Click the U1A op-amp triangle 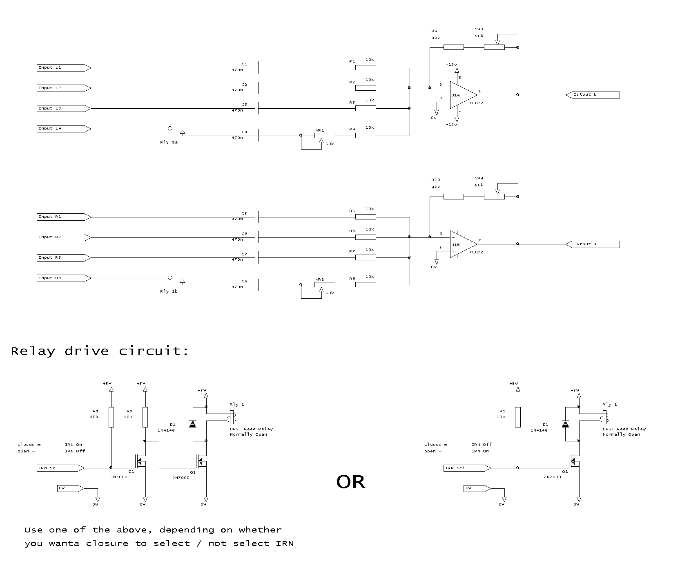pyautogui.click(x=463, y=95)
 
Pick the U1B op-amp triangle pyautogui.click(x=463, y=244)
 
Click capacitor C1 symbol pyautogui.click(x=257, y=67)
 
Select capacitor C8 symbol pyautogui.click(x=257, y=284)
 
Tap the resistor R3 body pyautogui.click(x=366, y=108)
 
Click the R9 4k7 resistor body pyautogui.click(x=453, y=47)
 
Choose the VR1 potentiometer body pyautogui.click(x=325, y=135)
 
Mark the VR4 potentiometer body pyautogui.click(x=494, y=197)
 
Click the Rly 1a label pyautogui.click(x=169, y=142)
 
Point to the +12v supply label pyautogui.click(x=451, y=65)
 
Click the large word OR pyautogui.click(x=351, y=482)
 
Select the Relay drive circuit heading pyautogui.click(x=100, y=351)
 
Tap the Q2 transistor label pyautogui.click(x=193, y=472)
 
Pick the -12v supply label pyautogui.click(x=451, y=124)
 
